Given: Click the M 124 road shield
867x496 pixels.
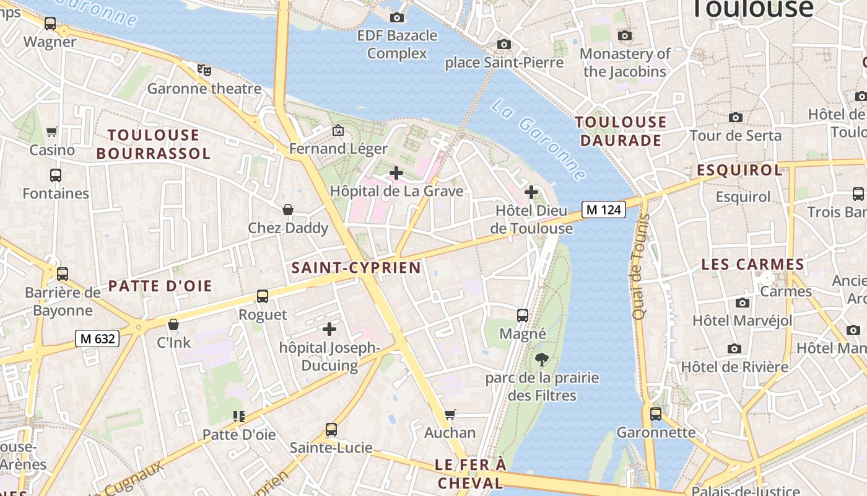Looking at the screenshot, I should coord(603,210).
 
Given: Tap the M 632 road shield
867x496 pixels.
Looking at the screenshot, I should coord(98,339).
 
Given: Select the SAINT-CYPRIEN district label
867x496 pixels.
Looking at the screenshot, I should coord(356,268).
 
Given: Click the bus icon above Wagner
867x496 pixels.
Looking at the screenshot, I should coord(50,24).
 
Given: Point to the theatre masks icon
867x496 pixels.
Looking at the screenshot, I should coord(204,69).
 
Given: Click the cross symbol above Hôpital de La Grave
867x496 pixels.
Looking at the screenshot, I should coord(396,173).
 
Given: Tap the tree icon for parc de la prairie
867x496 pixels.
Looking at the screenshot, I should coord(542,359).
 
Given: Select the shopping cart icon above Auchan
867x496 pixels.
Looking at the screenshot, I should coord(450,414).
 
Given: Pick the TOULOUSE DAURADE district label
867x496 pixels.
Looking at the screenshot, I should coord(621,131).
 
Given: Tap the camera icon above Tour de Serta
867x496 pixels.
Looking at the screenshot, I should coord(736,117).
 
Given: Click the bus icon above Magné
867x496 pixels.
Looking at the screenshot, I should coord(523,315).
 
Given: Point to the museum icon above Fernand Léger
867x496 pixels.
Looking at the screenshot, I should coord(338,130).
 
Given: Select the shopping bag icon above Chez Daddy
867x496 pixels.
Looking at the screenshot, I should coord(288,210).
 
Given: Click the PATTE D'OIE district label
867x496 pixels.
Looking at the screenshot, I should coord(160,286).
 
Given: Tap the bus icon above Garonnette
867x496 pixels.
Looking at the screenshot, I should coord(656,414).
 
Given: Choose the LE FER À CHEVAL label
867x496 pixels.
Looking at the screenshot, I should coord(470,474).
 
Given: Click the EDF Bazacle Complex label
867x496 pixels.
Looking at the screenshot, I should coord(397,45).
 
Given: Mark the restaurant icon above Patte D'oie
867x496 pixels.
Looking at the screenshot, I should coord(238,416).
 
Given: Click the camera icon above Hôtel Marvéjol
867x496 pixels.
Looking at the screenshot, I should coord(742,303).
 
